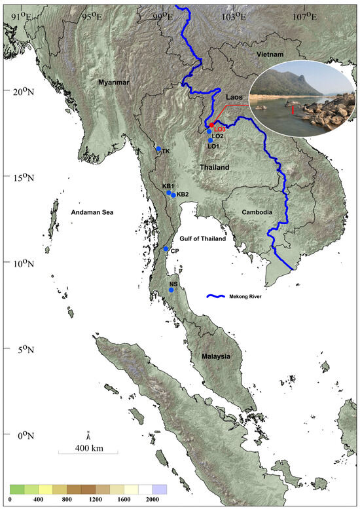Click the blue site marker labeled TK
[x=158, y=149]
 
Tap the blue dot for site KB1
[x=169, y=193]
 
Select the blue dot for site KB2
[x=173, y=195]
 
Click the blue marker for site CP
[x=166, y=249]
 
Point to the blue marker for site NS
[x=171, y=290]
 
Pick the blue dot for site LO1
[x=211, y=140]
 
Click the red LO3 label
[x=220, y=129]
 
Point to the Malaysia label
[x=216, y=356]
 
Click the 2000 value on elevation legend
[x=153, y=500]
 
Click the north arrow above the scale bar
[x=88, y=434]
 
